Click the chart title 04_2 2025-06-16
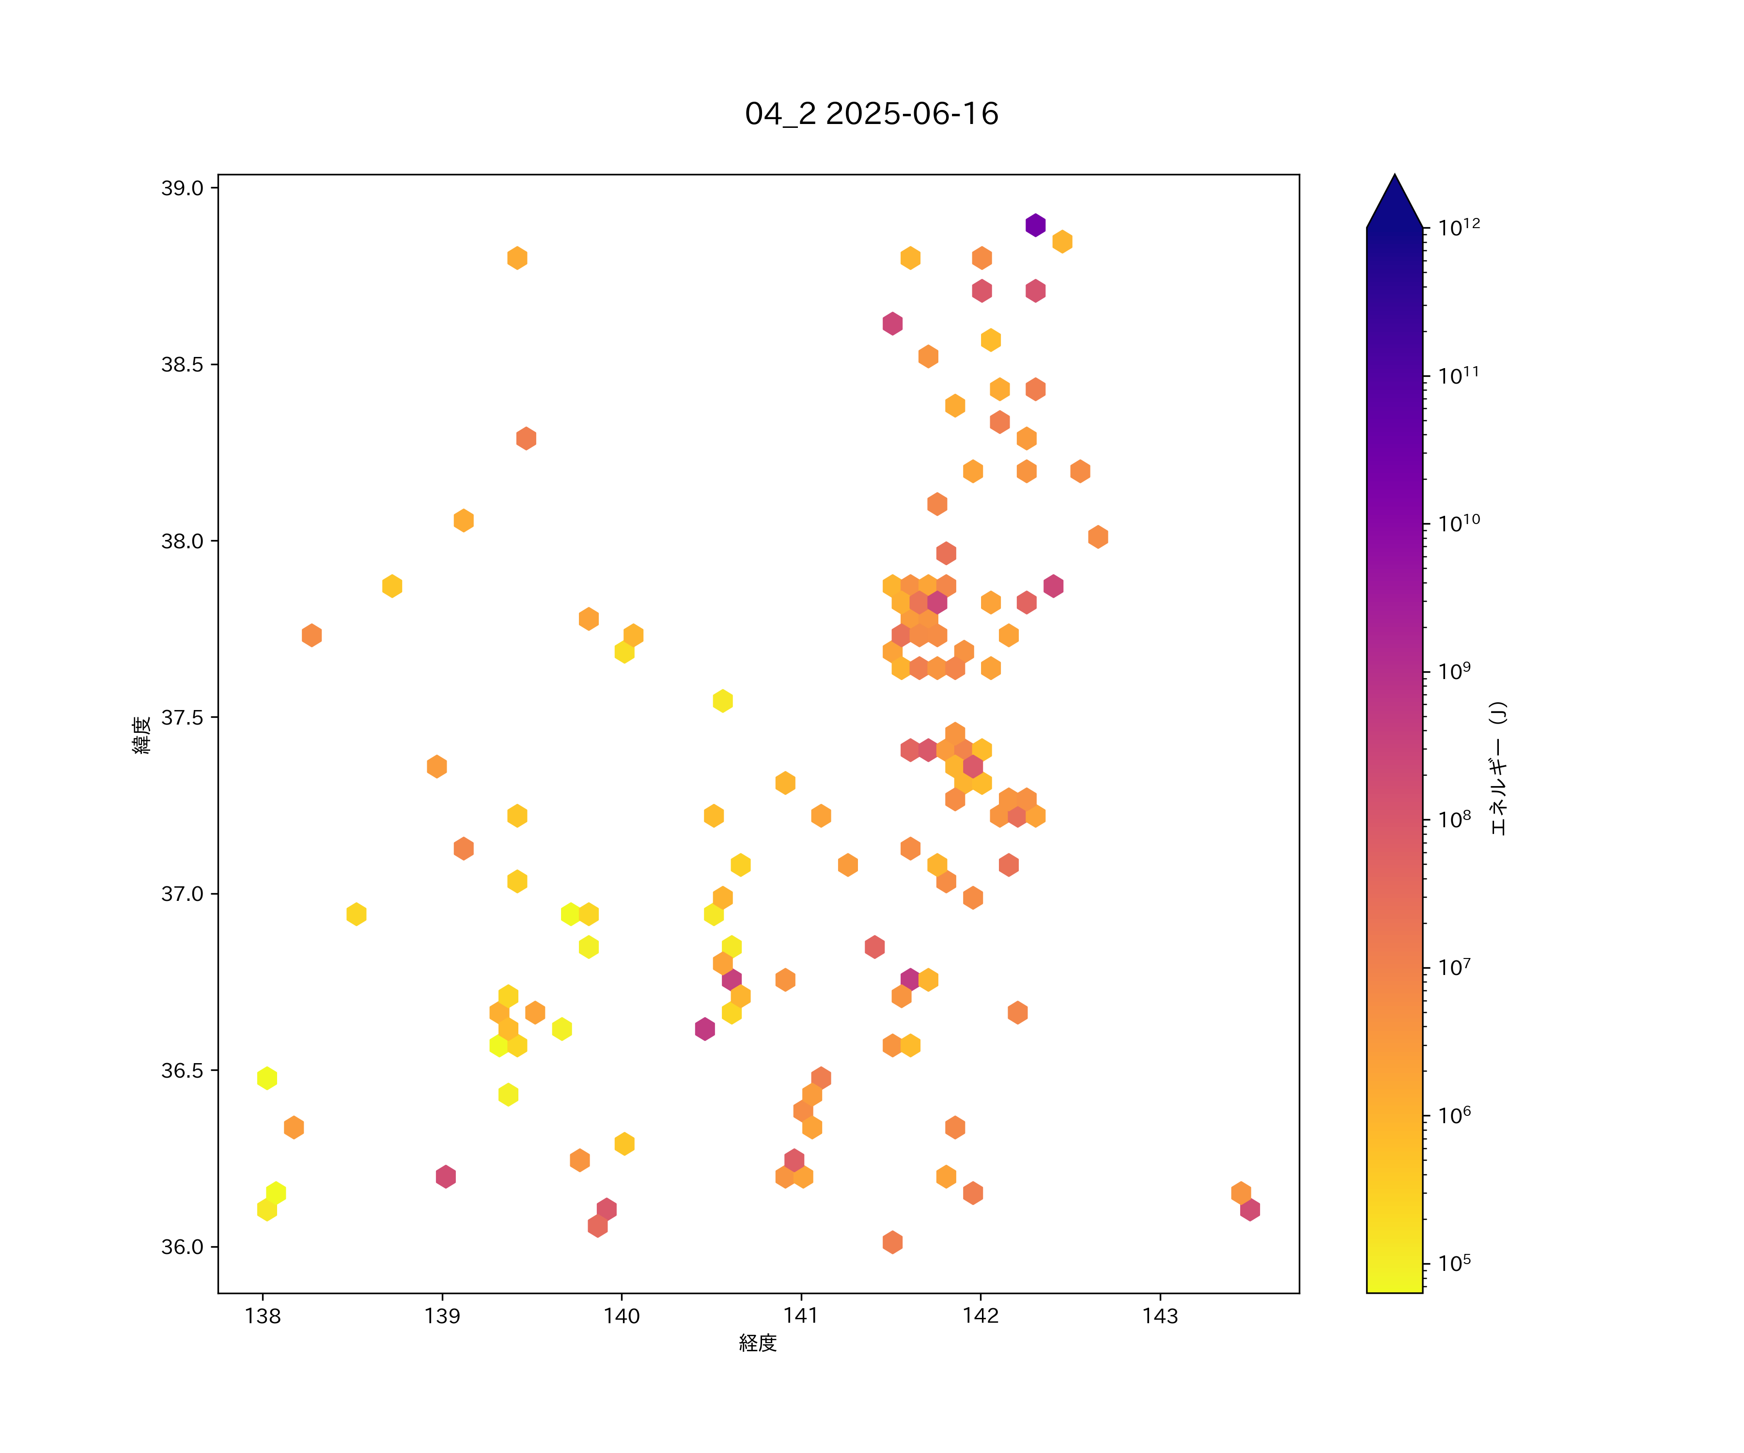pyautogui.click(x=871, y=114)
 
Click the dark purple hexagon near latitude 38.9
pyautogui.click(x=1035, y=225)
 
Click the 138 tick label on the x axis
pyautogui.click(x=263, y=1316)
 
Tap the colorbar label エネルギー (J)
pyautogui.click(x=1497, y=768)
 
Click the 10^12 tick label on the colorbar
pyautogui.click(x=1458, y=228)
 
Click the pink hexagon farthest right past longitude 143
pyautogui.click(x=1250, y=1210)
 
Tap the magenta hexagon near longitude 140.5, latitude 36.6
pyautogui.click(x=705, y=1029)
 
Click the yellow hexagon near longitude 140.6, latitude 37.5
pyautogui.click(x=722, y=701)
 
